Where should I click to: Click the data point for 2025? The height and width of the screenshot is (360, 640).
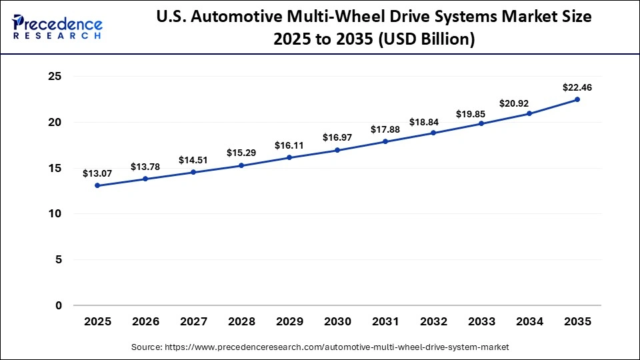97,185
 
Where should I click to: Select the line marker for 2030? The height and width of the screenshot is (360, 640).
337,150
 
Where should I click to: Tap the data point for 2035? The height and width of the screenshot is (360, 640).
577,99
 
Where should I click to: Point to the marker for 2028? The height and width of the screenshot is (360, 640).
241,165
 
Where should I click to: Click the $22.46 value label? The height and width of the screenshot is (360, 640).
577,87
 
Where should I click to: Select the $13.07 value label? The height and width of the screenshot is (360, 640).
97,173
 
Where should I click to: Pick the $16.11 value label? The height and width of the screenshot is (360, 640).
289,145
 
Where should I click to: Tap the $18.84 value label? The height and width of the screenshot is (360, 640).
433,121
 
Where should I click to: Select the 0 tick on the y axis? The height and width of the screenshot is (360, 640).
58,305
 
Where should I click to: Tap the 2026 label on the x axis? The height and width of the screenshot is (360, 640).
145,322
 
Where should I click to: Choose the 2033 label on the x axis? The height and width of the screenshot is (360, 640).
481,322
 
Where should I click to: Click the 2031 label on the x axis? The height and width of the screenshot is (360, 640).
385,322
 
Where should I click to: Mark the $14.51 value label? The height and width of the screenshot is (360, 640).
193,160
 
